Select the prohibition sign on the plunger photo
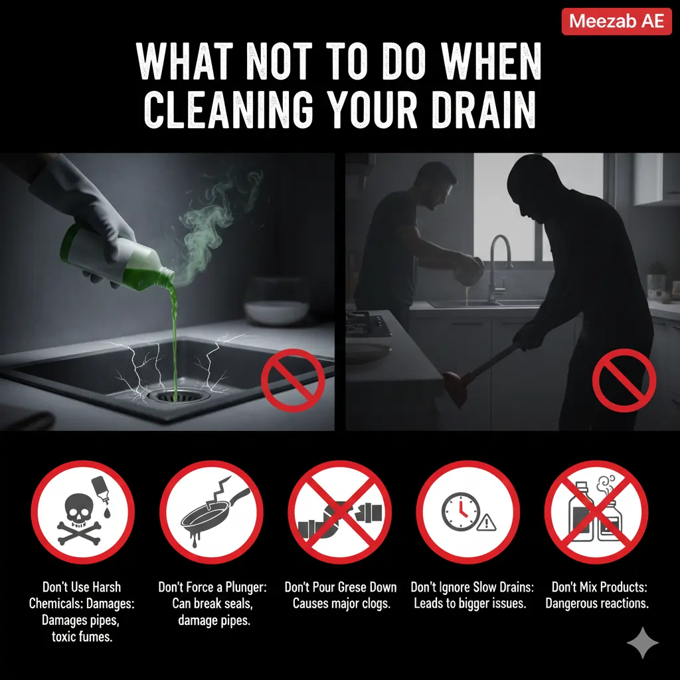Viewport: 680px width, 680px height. point(624,381)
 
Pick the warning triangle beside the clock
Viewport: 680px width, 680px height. point(488,523)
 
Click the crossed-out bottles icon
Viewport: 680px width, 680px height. point(596,512)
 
